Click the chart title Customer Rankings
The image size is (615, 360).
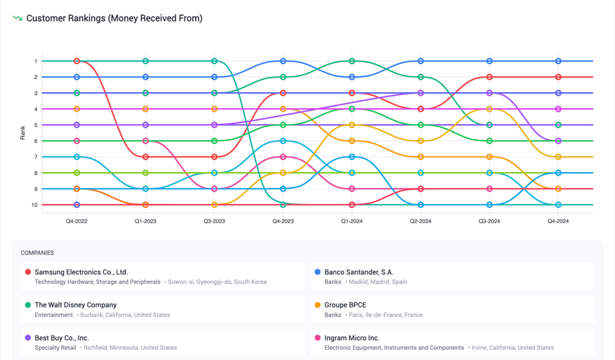[114, 18]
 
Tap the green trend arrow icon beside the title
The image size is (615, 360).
[17, 18]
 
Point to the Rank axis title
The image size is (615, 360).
[22, 132]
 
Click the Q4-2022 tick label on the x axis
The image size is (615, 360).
[77, 221]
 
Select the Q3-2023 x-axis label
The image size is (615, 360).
[214, 221]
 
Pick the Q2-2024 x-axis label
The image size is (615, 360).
[421, 221]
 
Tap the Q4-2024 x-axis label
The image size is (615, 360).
[558, 221]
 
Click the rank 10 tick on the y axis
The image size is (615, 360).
[34, 205]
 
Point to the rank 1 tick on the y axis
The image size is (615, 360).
[35, 61]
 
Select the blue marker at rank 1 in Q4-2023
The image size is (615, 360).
[283, 61]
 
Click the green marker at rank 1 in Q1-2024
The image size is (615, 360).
[352, 61]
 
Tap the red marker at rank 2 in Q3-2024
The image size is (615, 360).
[490, 77]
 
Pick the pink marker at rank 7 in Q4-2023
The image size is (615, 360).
[283, 157]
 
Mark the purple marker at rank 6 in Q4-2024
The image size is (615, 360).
[558, 141]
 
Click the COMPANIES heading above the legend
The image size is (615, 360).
[37, 253]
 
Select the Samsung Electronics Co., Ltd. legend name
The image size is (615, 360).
[81, 272]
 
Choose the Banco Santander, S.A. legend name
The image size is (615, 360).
[359, 272]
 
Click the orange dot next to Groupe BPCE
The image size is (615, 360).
[318, 305]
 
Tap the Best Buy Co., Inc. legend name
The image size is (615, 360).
[62, 338]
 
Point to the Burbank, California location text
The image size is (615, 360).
[125, 315]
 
